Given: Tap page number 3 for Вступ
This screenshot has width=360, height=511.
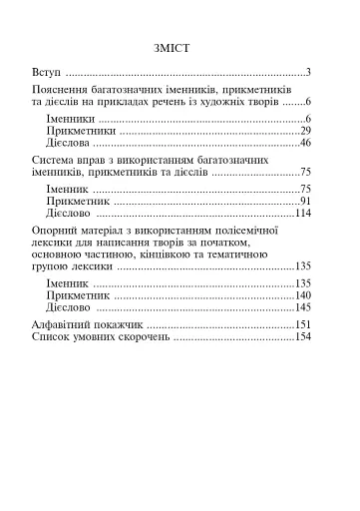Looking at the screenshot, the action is pos(310,73).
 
